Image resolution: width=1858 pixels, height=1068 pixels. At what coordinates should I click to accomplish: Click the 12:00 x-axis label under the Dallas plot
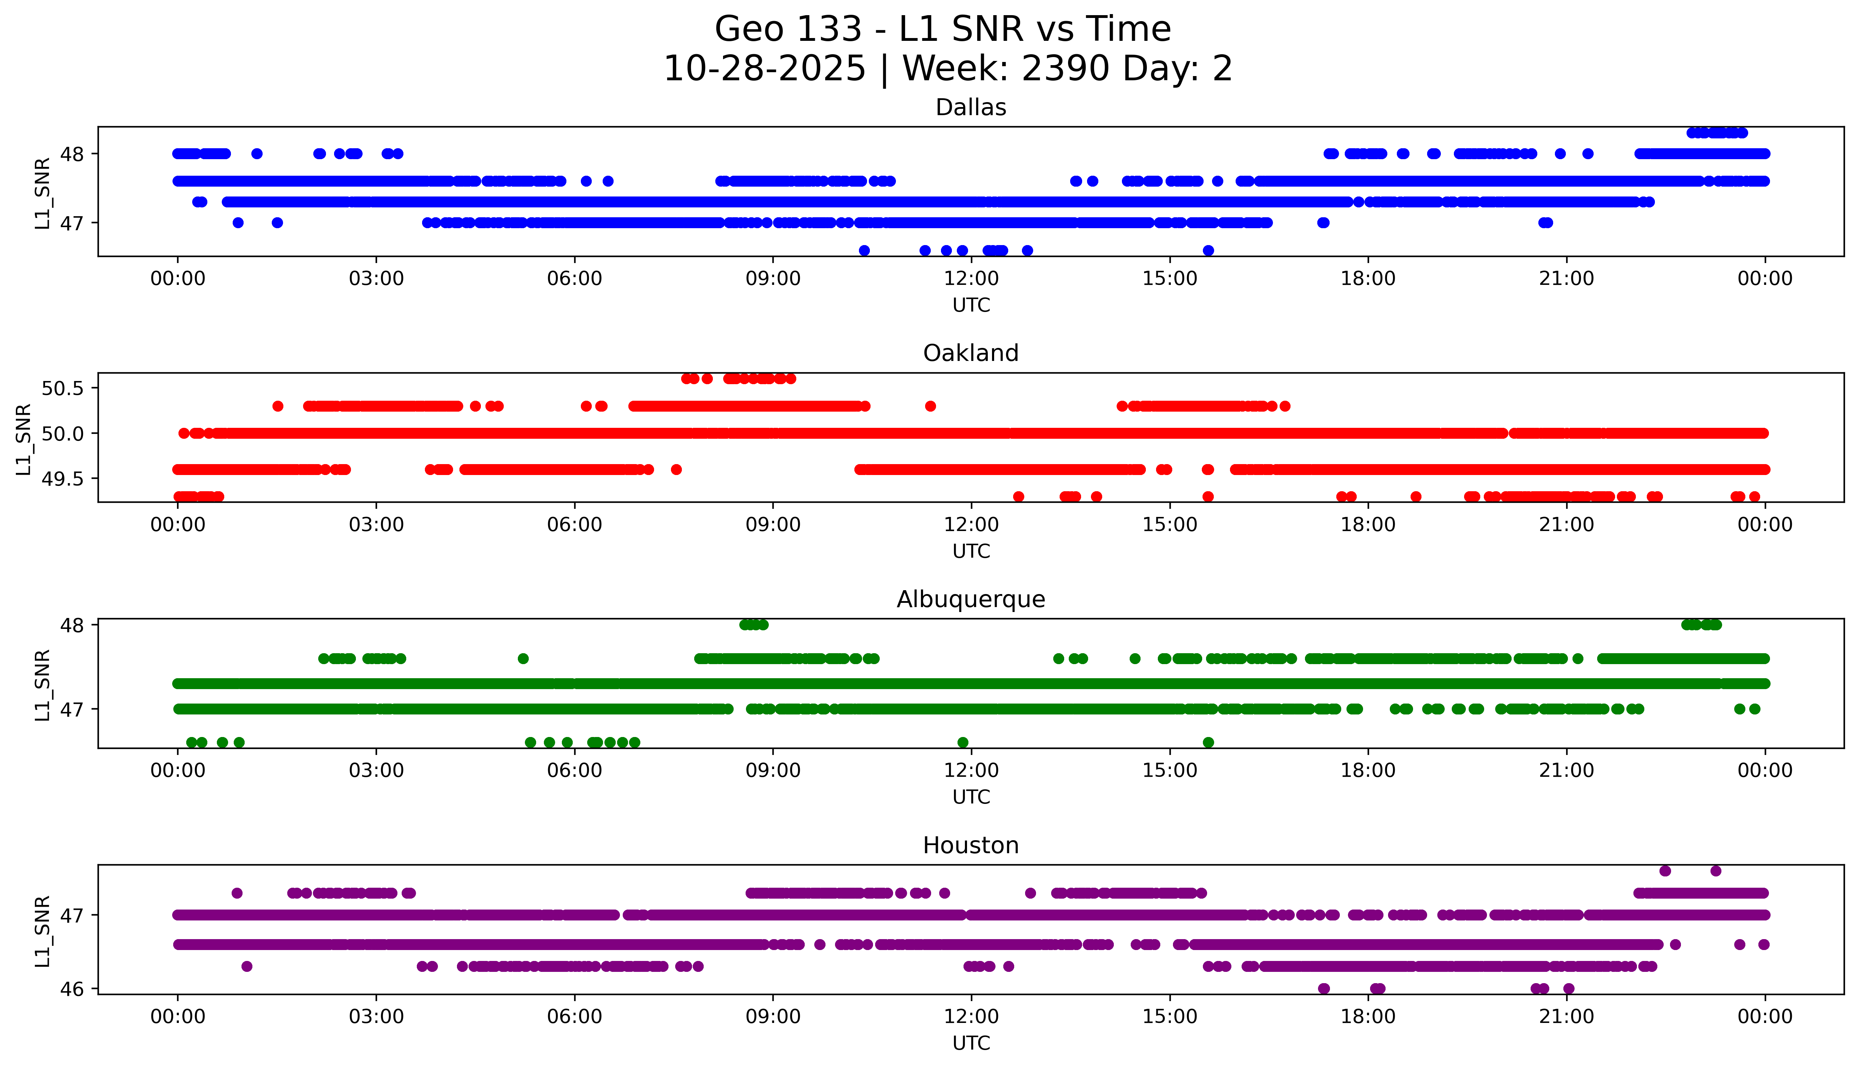click(971, 279)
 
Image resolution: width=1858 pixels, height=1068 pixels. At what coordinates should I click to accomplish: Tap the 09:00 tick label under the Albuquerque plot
click(773, 771)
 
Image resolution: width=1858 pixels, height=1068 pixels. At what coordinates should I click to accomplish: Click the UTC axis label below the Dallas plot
click(971, 305)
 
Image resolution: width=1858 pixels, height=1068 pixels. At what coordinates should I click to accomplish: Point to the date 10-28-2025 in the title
click(765, 69)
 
